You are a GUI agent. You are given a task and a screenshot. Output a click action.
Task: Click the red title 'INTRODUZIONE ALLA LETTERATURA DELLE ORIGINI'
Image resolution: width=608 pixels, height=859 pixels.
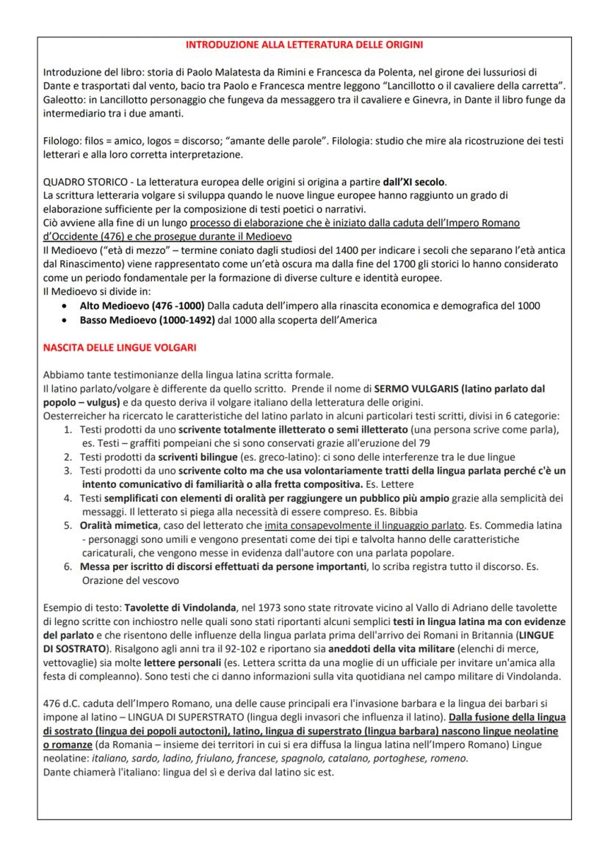pyautogui.click(x=303, y=45)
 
